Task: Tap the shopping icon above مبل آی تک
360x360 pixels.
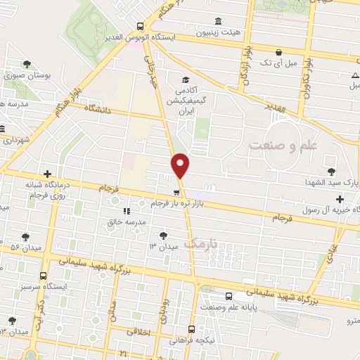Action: pos(279,52)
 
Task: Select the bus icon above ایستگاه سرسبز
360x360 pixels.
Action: pos(45,276)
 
